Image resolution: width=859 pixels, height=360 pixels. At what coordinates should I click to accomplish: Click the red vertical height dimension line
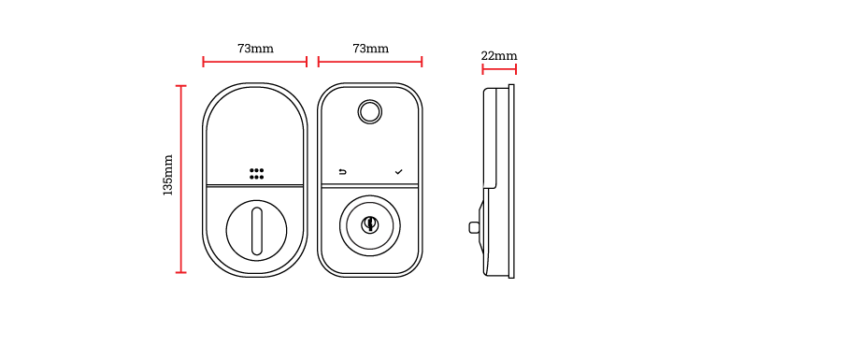pos(180,178)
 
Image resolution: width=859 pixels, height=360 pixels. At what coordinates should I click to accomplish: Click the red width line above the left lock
pos(254,62)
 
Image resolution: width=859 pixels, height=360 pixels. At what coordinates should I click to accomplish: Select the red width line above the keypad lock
pos(370,62)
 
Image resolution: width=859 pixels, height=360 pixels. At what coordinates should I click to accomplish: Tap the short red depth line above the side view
pos(499,69)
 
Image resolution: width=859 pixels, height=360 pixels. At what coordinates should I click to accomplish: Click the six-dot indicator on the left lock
pos(256,174)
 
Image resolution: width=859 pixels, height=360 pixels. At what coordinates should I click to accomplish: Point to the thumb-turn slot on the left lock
pos(256,230)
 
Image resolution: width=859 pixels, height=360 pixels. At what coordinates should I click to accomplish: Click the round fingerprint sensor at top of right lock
pos(370,112)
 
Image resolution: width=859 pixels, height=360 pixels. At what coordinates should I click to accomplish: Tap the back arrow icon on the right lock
pos(342,172)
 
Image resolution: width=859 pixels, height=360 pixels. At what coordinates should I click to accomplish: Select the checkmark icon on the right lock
pos(399,172)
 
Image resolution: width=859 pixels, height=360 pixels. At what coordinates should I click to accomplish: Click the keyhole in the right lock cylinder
pos(370,224)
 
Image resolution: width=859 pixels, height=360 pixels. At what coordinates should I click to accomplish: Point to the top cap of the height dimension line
pos(180,86)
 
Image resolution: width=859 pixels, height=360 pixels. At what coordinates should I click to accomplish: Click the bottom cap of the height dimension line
pos(180,272)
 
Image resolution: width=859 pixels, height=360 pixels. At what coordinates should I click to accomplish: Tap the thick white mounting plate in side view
pos(511,180)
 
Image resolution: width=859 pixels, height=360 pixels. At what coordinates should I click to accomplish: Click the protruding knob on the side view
pos(482,226)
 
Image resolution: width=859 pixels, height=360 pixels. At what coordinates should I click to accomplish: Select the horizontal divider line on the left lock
pos(254,186)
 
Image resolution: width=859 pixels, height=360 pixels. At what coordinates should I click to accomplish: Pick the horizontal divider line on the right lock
pos(370,186)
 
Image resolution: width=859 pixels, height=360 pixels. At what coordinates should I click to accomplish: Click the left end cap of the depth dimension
pos(482,69)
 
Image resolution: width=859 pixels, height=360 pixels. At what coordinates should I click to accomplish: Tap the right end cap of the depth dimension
pos(516,69)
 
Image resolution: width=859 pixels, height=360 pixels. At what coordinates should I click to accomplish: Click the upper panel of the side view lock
pos(491,137)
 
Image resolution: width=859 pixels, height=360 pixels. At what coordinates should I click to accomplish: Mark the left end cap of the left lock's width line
pos(203,62)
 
